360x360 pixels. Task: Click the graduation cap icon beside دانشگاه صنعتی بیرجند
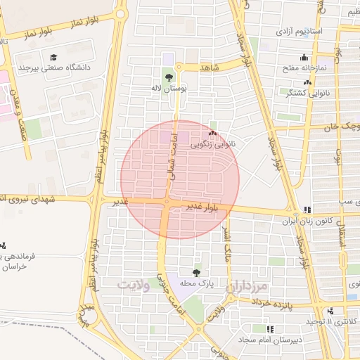[x=53, y=57]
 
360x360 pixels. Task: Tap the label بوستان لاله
[x=168, y=89]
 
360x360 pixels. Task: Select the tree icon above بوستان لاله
[x=168, y=77]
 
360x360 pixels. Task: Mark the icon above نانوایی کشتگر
[x=307, y=82]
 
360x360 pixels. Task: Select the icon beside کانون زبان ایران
[x=307, y=210]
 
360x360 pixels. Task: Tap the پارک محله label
[x=196, y=283]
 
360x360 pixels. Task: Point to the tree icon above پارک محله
[x=196, y=272]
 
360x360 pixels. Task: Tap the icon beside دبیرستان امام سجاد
[x=271, y=328]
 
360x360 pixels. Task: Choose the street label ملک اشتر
[x=226, y=243]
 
